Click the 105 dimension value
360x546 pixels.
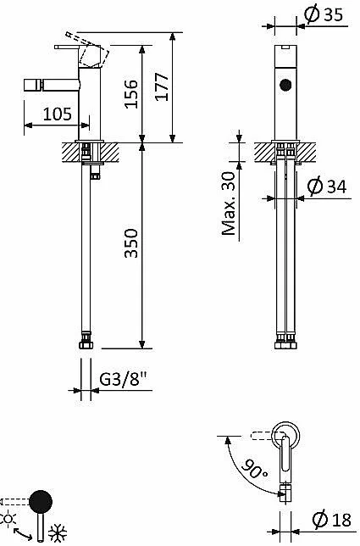point(58,114)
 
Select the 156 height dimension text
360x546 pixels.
point(131,94)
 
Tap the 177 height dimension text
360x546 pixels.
point(162,87)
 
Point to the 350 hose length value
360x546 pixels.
point(131,243)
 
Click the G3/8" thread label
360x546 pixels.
point(124,379)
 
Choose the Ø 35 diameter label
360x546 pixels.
point(324,14)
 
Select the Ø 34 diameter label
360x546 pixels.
point(327,186)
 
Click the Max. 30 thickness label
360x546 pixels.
point(229,203)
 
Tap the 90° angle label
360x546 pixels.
point(255,469)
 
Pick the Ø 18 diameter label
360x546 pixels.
point(332,520)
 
